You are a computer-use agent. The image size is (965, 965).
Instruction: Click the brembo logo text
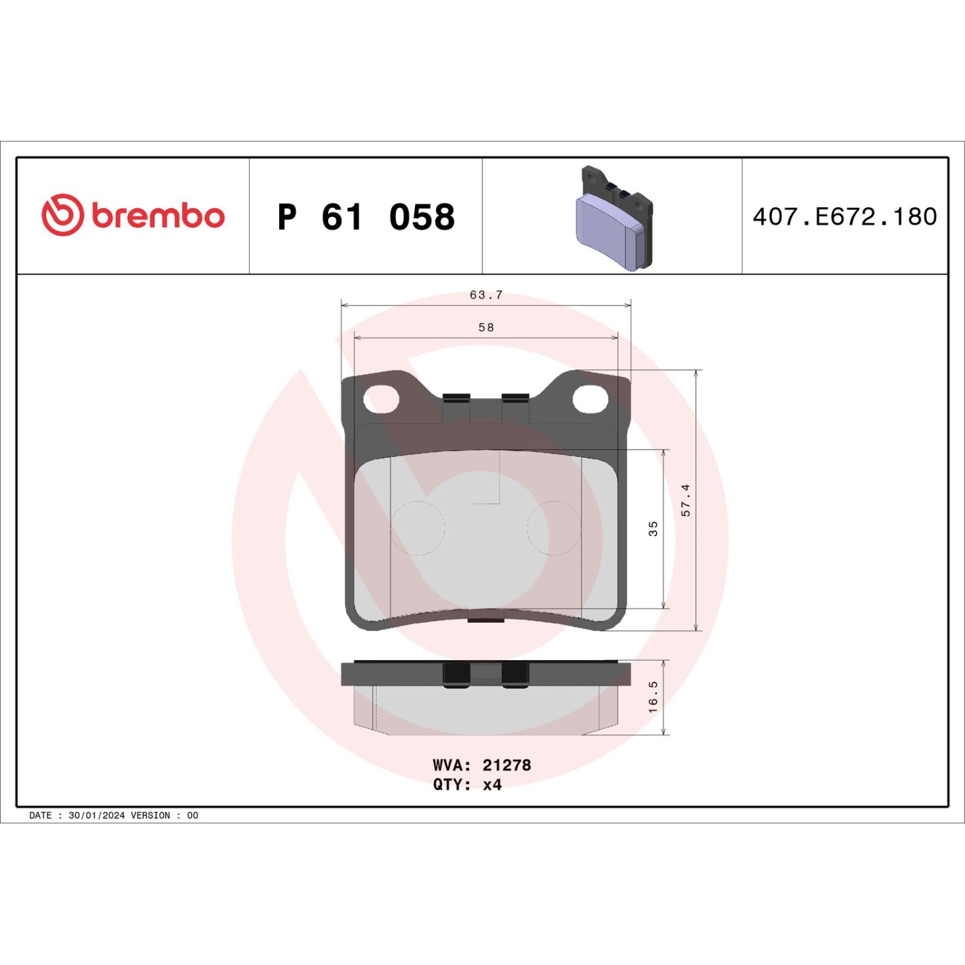point(158,216)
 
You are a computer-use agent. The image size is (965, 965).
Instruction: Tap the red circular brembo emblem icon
point(62,214)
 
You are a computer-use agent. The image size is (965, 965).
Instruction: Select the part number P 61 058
point(366,217)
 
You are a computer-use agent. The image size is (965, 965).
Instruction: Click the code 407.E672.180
point(845,217)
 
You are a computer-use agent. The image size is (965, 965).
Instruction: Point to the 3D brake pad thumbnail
point(614,218)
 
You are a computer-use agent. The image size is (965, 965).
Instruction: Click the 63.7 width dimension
point(486,295)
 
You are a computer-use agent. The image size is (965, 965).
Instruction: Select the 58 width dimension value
point(486,327)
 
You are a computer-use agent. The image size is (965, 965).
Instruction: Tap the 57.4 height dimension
point(686,501)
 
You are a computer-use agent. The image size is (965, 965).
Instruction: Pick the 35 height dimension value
point(653,529)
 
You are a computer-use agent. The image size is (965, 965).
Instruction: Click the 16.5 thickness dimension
point(653,697)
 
